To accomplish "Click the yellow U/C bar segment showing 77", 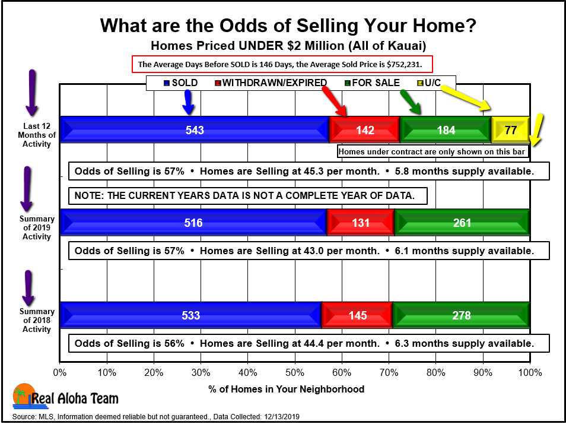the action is [510, 129].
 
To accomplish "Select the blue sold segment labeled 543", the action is [195, 129].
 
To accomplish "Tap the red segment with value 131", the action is [361, 223].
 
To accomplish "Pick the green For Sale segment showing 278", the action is [462, 315].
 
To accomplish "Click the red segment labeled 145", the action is [357, 315].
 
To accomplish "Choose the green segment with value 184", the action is [446, 129].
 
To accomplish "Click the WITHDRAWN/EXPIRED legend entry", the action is [271, 83].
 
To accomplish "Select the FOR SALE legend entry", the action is [372, 83].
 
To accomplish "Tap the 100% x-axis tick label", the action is [530, 372].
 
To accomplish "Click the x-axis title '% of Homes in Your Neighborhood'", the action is [286, 389].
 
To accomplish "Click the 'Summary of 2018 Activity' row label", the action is [36, 320].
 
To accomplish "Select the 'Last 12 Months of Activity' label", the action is [36, 135].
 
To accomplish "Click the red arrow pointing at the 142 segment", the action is [334, 103].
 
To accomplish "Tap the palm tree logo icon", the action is [24, 395].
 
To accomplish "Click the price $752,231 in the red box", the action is [403, 65].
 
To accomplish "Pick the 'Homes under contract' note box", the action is [432, 151].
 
